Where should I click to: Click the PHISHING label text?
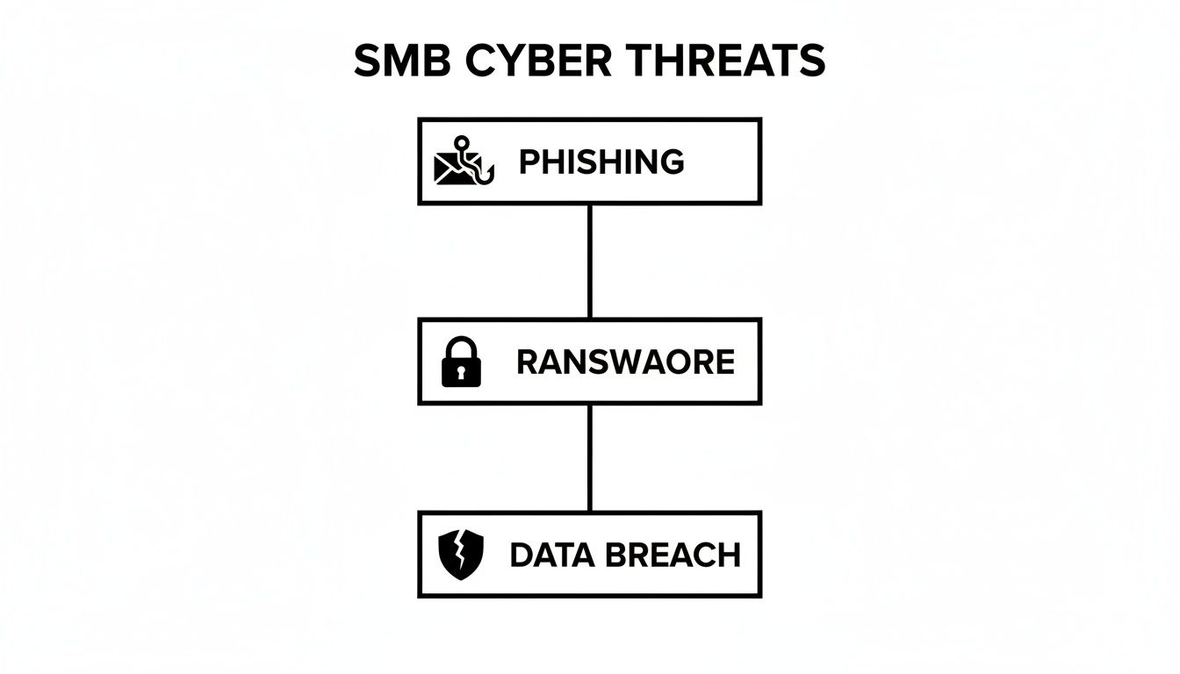pyautogui.click(x=601, y=162)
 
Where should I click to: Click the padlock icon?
pyautogui.click(x=461, y=362)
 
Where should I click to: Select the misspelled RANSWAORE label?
pyautogui.click(x=625, y=362)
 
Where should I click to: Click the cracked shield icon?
pyautogui.click(x=461, y=555)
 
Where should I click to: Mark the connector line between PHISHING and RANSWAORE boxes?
pyautogui.click(x=589, y=262)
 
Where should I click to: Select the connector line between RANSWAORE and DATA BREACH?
pyautogui.click(x=589, y=458)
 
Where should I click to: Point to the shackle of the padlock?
pyautogui.click(x=461, y=346)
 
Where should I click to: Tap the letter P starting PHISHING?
pyautogui.click(x=529, y=162)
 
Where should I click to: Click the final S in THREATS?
pyautogui.click(x=812, y=62)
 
